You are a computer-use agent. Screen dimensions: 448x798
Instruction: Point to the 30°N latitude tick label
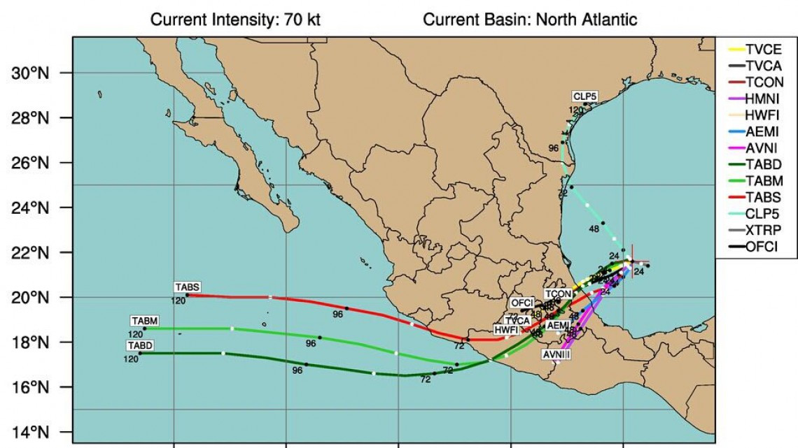click(x=35, y=73)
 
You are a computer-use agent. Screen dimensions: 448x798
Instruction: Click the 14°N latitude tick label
click(x=35, y=432)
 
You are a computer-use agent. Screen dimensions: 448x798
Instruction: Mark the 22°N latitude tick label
click(x=35, y=252)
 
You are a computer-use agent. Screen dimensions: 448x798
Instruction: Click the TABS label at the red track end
click(x=188, y=287)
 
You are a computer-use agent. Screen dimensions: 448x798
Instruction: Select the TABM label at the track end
click(x=144, y=321)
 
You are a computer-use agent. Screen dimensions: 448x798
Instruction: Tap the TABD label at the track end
click(x=140, y=345)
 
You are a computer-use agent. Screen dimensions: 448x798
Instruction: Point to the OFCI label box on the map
click(x=522, y=303)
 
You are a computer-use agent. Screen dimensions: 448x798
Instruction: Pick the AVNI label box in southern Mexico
click(x=556, y=355)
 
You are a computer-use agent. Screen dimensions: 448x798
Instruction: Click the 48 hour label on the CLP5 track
click(x=594, y=229)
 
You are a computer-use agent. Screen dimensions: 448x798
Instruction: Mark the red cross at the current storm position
click(x=632, y=261)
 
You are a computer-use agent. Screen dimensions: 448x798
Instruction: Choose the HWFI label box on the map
click(x=506, y=329)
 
